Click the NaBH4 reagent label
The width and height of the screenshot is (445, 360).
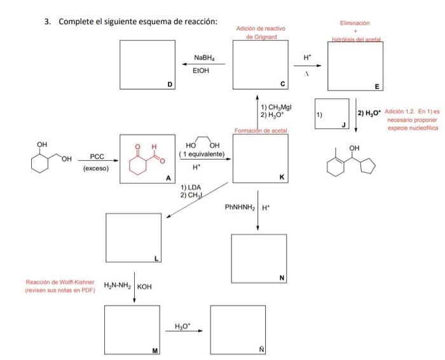pyautogui.click(x=204, y=58)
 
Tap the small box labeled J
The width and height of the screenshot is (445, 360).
pyautogui.click(x=332, y=115)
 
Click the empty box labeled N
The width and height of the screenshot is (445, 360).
pyautogui.click(x=259, y=258)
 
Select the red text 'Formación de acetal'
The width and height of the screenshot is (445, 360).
pyautogui.click(x=261, y=130)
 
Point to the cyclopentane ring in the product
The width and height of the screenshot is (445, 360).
pyautogui.click(x=367, y=167)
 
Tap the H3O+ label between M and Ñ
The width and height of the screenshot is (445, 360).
pyautogui.click(x=184, y=327)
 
